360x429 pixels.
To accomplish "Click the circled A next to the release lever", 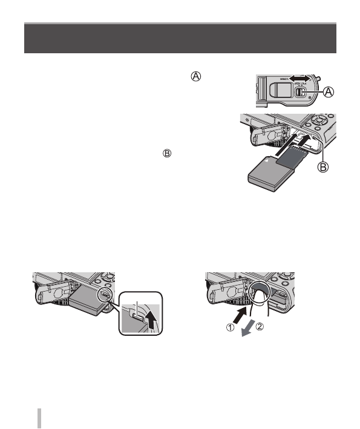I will (327, 92).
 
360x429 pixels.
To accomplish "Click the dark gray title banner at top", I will (180, 38).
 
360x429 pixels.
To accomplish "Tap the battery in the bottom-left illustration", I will (88, 302).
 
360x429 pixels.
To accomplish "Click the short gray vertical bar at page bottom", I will (40, 418).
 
